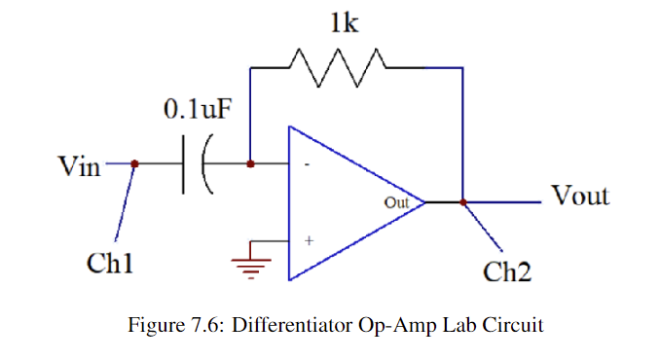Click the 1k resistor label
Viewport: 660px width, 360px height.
click(345, 24)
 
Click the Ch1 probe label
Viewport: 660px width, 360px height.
click(109, 262)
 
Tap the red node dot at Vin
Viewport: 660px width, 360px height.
click(134, 164)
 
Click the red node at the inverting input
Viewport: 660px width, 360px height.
click(251, 164)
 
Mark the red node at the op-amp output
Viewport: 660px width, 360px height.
click(463, 202)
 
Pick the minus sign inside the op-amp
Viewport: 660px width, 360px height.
click(308, 165)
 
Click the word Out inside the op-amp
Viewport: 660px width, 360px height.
click(396, 203)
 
